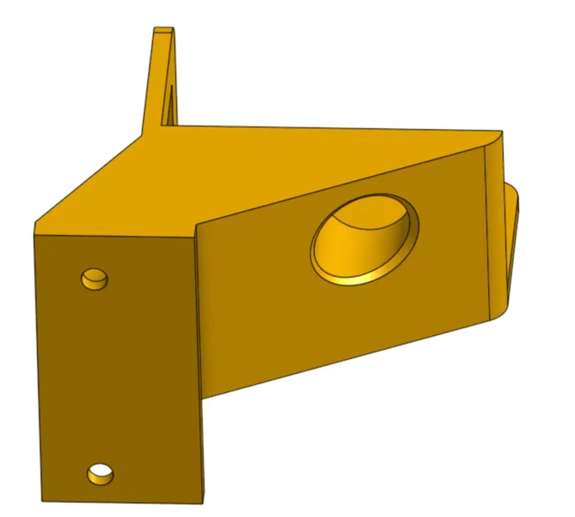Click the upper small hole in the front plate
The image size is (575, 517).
(x=94, y=279)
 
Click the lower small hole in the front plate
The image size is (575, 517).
(x=101, y=474)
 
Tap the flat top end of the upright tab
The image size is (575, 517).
(x=164, y=31)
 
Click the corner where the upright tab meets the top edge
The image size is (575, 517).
(x=177, y=127)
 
